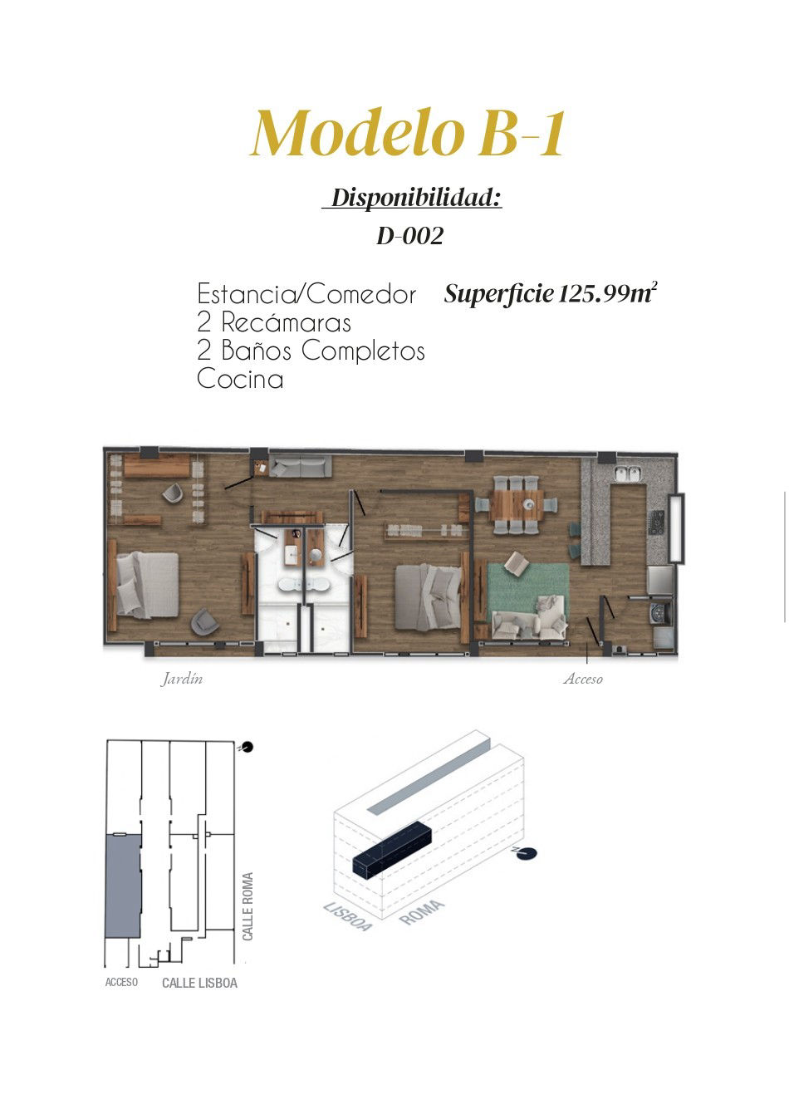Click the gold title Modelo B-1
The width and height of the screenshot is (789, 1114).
pyautogui.click(x=408, y=133)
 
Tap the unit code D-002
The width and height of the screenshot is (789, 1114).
pyautogui.click(x=409, y=236)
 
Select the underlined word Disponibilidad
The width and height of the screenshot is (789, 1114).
pyautogui.click(x=415, y=198)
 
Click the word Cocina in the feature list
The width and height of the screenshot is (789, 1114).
pyautogui.click(x=240, y=379)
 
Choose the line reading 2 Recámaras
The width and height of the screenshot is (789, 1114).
pyautogui.click(x=274, y=322)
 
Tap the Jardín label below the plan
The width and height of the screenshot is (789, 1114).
pyautogui.click(x=181, y=679)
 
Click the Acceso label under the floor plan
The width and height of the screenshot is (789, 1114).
pyautogui.click(x=583, y=679)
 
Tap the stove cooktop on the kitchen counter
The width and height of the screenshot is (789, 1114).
pyautogui.click(x=656, y=523)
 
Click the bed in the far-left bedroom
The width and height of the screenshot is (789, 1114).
pyautogui.click(x=147, y=585)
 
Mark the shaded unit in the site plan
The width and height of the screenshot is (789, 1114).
pyautogui.click(x=123, y=886)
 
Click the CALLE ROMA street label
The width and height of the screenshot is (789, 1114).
pyautogui.click(x=247, y=906)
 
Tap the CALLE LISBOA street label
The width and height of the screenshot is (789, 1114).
pyautogui.click(x=200, y=984)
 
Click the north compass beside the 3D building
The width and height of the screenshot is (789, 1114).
pyautogui.click(x=525, y=853)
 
